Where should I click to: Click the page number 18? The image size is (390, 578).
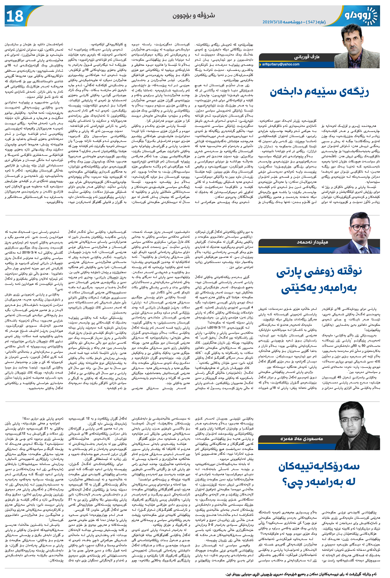[x=14, y=16]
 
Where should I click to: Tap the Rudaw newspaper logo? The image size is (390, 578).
[x=361, y=16]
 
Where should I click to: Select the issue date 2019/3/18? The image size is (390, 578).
[x=275, y=22]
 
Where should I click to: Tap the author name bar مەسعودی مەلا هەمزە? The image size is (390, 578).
[x=301, y=439]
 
